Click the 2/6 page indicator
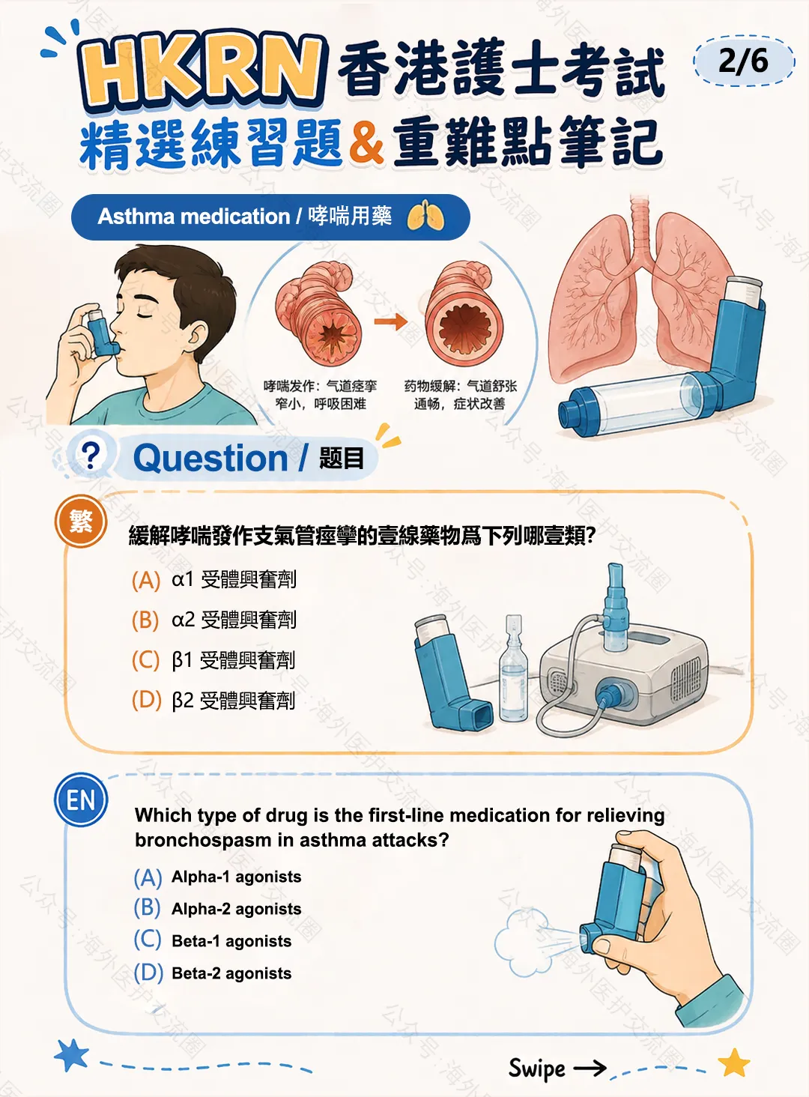[x=743, y=61]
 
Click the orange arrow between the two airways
[x=391, y=321]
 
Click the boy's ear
[x=196, y=335]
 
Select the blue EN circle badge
[x=81, y=800]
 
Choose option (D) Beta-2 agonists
[x=212, y=973]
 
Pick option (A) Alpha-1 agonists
[x=217, y=877]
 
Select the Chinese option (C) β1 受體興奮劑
[x=213, y=660]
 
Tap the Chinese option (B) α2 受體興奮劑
[x=214, y=620]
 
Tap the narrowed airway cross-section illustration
[x=319, y=313]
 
